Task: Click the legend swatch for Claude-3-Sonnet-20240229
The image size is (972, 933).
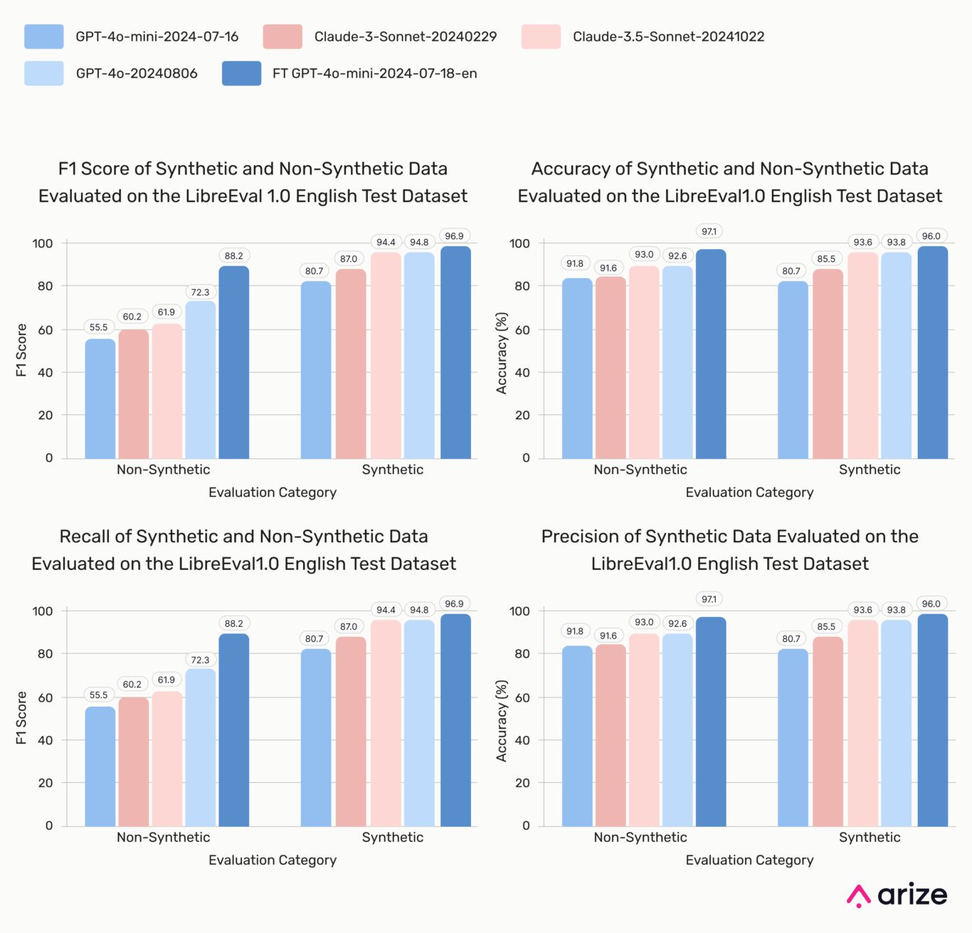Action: point(282,37)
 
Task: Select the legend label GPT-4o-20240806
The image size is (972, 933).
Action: point(136,73)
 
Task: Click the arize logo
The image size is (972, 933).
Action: point(897,895)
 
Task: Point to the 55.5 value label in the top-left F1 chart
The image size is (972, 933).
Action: point(98,327)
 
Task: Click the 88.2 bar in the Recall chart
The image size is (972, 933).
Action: point(233,729)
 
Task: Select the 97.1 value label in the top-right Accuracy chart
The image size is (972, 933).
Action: point(709,231)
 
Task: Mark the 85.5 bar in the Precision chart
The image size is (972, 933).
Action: point(827,731)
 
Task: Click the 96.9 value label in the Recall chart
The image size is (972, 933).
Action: point(454,603)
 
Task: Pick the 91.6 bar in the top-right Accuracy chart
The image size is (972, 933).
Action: point(610,367)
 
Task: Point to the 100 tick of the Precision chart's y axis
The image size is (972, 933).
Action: point(519,611)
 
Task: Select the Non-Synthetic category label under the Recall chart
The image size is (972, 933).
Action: point(163,837)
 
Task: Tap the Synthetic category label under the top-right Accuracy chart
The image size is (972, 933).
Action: point(869,470)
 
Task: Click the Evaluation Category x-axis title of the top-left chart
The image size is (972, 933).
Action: point(272,492)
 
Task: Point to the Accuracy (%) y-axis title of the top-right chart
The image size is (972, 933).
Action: point(502,353)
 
